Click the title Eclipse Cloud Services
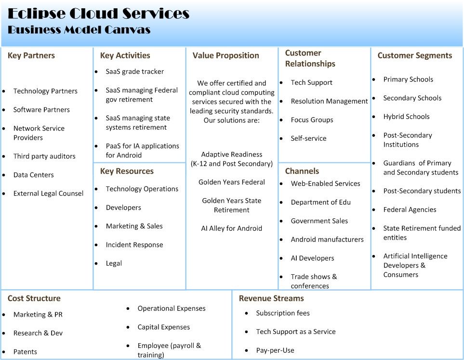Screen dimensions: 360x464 click(98, 13)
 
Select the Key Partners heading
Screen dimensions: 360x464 click(31, 55)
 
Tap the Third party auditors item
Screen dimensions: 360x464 click(44, 156)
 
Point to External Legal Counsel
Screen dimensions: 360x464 click(48, 193)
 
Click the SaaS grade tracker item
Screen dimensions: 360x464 click(134, 71)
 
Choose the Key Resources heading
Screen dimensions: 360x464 click(127, 171)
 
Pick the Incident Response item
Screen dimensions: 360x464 click(134, 245)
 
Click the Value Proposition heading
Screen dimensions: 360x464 click(225, 55)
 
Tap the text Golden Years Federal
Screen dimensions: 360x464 click(232, 182)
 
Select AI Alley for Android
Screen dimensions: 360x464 click(232, 228)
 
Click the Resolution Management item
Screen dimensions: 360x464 click(329, 101)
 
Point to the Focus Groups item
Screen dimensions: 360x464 click(312, 120)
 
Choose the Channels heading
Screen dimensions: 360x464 click(302, 171)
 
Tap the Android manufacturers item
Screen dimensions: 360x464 click(327, 240)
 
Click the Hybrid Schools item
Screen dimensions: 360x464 click(406, 117)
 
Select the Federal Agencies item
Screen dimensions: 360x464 click(410, 210)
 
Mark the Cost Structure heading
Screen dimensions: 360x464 click(34, 298)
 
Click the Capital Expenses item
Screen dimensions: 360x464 click(163, 327)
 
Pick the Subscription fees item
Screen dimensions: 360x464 click(283, 313)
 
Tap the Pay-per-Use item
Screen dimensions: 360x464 click(275, 350)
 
